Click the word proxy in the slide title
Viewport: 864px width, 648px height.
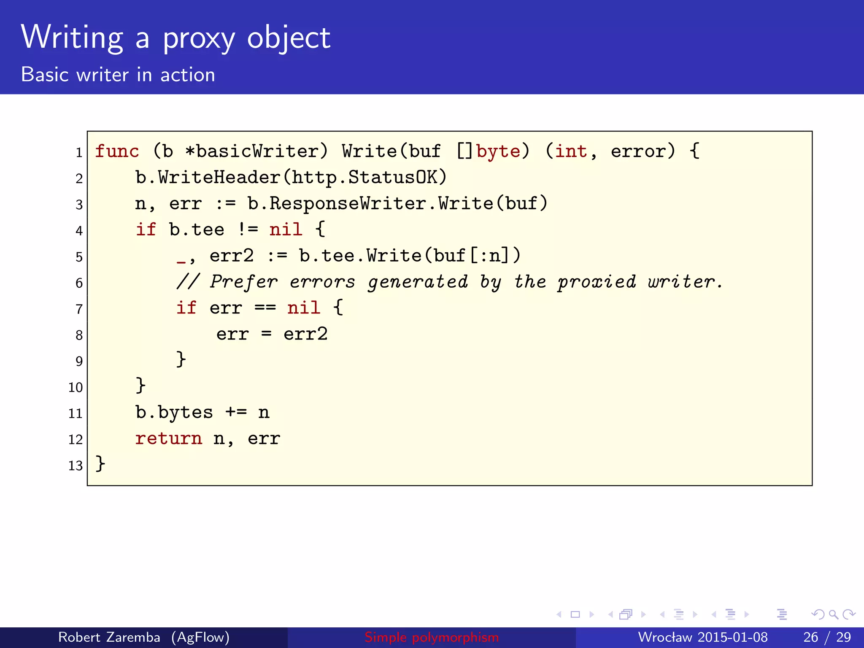pyautogui.click(x=199, y=39)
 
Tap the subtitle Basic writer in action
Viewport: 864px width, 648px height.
pyautogui.click(x=118, y=75)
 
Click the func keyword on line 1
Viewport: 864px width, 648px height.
pyautogui.click(x=117, y=151)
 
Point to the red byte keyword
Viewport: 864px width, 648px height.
pyautogui.click(x=498, y=151)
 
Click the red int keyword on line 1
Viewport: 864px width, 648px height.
pyautogui.click(x=571, y=151)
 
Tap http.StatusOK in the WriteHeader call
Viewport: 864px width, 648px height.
pyautogui.click(x=365, y=178)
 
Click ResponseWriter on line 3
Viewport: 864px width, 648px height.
pyautogui.click(x=348, y=204)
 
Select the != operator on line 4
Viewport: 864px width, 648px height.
pyautogui.click(x=247, y=230)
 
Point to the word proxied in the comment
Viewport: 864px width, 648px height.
pyautogui.click(x=597, y=282)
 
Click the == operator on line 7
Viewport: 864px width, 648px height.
pyautogui.click(x=265, y=308)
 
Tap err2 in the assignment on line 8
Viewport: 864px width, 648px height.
pyautogui.click(x=305, y=335)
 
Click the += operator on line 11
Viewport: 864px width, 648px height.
pyautogui.click(x=236, y=412)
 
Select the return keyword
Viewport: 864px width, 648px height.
pyautogui.click(x=168, y=439)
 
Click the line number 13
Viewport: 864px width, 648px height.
pyautogui.click(x=76, y=466)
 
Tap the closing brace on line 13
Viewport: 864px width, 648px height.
pyautogui.click(x=100, y=464)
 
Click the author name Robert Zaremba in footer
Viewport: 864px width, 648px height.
pyautogui.click(x=109, y=637)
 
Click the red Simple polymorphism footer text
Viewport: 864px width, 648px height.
pyautogui.click(x=432, y=637)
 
